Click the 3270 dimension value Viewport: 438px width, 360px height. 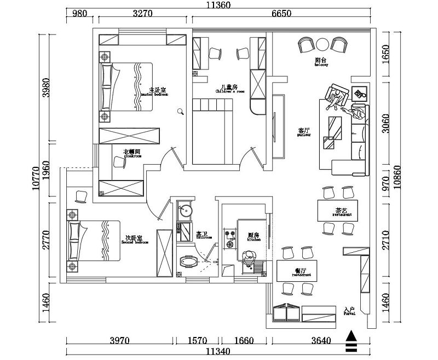coord(143,15)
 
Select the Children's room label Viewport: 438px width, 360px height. coord(226,88)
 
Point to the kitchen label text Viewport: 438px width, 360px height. coord(253,236)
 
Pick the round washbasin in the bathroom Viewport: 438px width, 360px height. coord(186,210)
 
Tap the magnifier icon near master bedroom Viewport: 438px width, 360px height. coord(181,112)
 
